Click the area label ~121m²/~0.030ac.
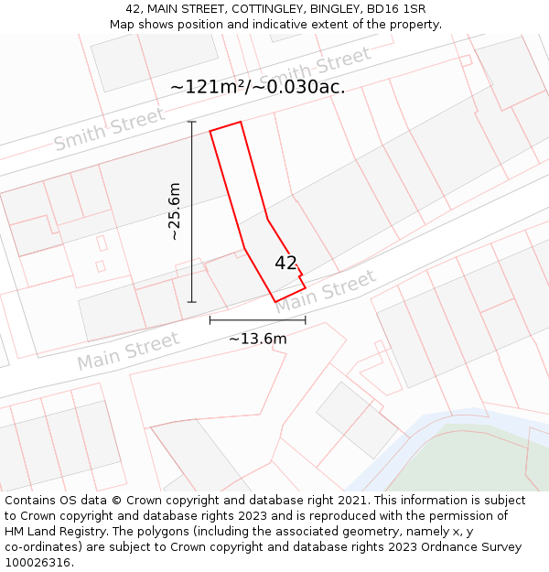point(257,87)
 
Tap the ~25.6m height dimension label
point(174,211)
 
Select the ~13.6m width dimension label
point(257,339)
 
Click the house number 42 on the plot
point(285,264)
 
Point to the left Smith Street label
point(109,129)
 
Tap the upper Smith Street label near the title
point(315,69)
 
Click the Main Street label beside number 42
point(326,292)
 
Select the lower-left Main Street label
point(128,352)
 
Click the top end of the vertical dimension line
point(191,122)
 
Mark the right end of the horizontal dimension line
point(305,320)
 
